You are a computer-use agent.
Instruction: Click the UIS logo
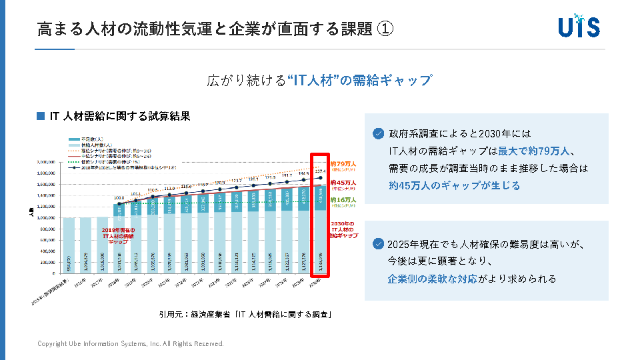coord(579,26)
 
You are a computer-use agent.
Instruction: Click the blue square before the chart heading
coord(41,116)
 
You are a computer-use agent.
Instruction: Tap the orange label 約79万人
coord(343,164)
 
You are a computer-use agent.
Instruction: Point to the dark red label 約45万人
coord(343,182)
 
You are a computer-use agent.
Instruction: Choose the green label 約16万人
coord(343,200)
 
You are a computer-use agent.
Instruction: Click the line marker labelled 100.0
coord(119,204)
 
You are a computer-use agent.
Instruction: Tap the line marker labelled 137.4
coord(320,178)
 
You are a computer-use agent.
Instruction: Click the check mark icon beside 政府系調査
coord(379,133)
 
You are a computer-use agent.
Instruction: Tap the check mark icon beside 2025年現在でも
coord(379,244)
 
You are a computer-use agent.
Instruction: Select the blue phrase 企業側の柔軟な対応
coord(432,279)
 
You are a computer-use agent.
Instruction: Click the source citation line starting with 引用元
coord(245,313)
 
